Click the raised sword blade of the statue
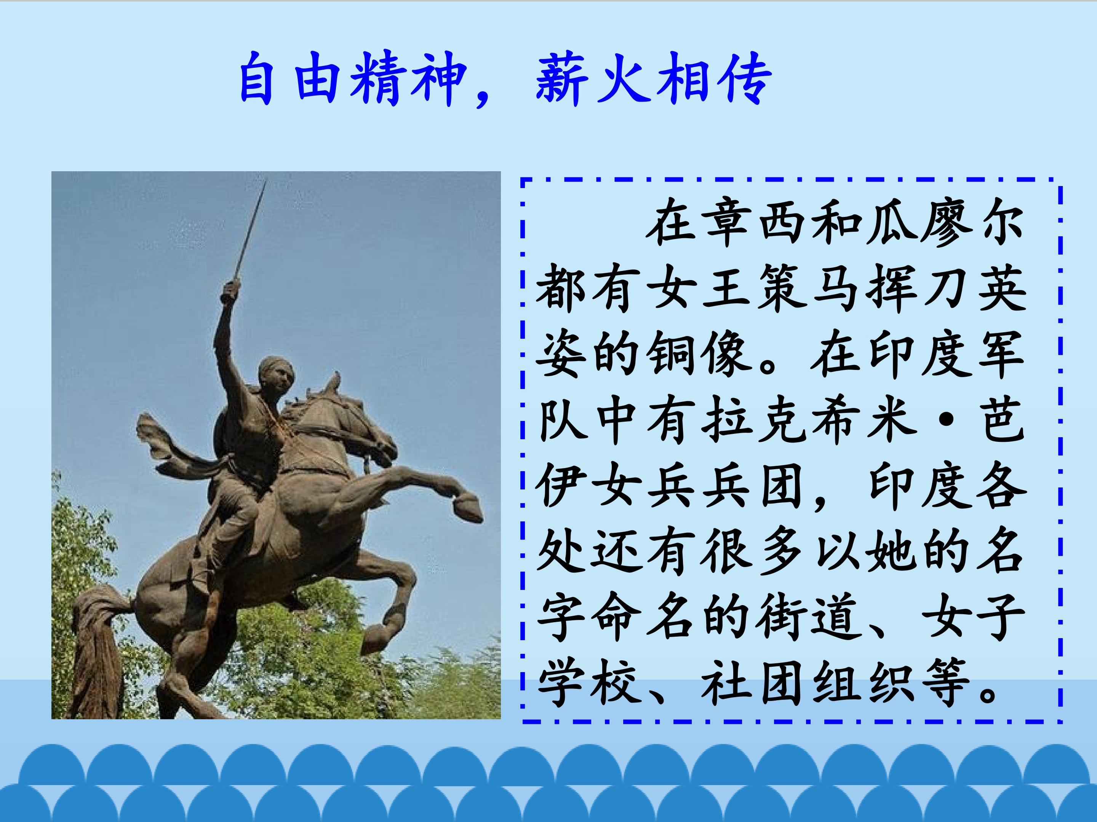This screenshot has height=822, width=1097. click(x=251, y=230)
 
